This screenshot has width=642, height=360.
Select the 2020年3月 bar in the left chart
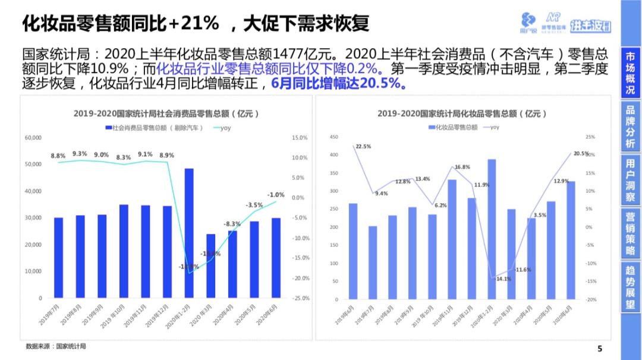pos(210,266)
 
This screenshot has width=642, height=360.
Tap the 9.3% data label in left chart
pos(80,154)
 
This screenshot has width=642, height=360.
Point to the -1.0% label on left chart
pos(275,195)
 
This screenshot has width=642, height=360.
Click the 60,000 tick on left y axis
pos(33,138)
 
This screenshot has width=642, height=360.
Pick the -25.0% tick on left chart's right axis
pos(301,298)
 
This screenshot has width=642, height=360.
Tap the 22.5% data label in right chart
pos(363,146)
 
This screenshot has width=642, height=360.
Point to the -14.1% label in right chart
pos(503,279)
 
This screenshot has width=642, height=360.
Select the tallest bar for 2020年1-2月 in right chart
pos(492,229)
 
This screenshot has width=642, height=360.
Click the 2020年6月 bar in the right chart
pos(570,240)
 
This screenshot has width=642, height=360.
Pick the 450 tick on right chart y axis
pos(333,137)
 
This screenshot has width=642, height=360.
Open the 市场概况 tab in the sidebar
pos(630,73)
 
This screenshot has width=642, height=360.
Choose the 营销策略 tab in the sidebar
pos(630,233)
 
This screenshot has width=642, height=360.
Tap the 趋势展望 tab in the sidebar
pos(630,287)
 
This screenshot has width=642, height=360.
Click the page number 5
pos(599,349)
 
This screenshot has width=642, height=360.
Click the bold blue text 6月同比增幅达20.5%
pos(339,84)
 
